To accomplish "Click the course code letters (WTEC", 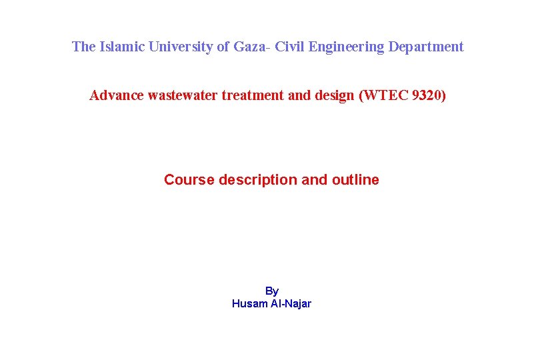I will (384, 95).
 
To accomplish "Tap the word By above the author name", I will (272, 291).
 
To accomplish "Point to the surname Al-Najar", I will (290, 304).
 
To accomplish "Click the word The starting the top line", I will (84, 47).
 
